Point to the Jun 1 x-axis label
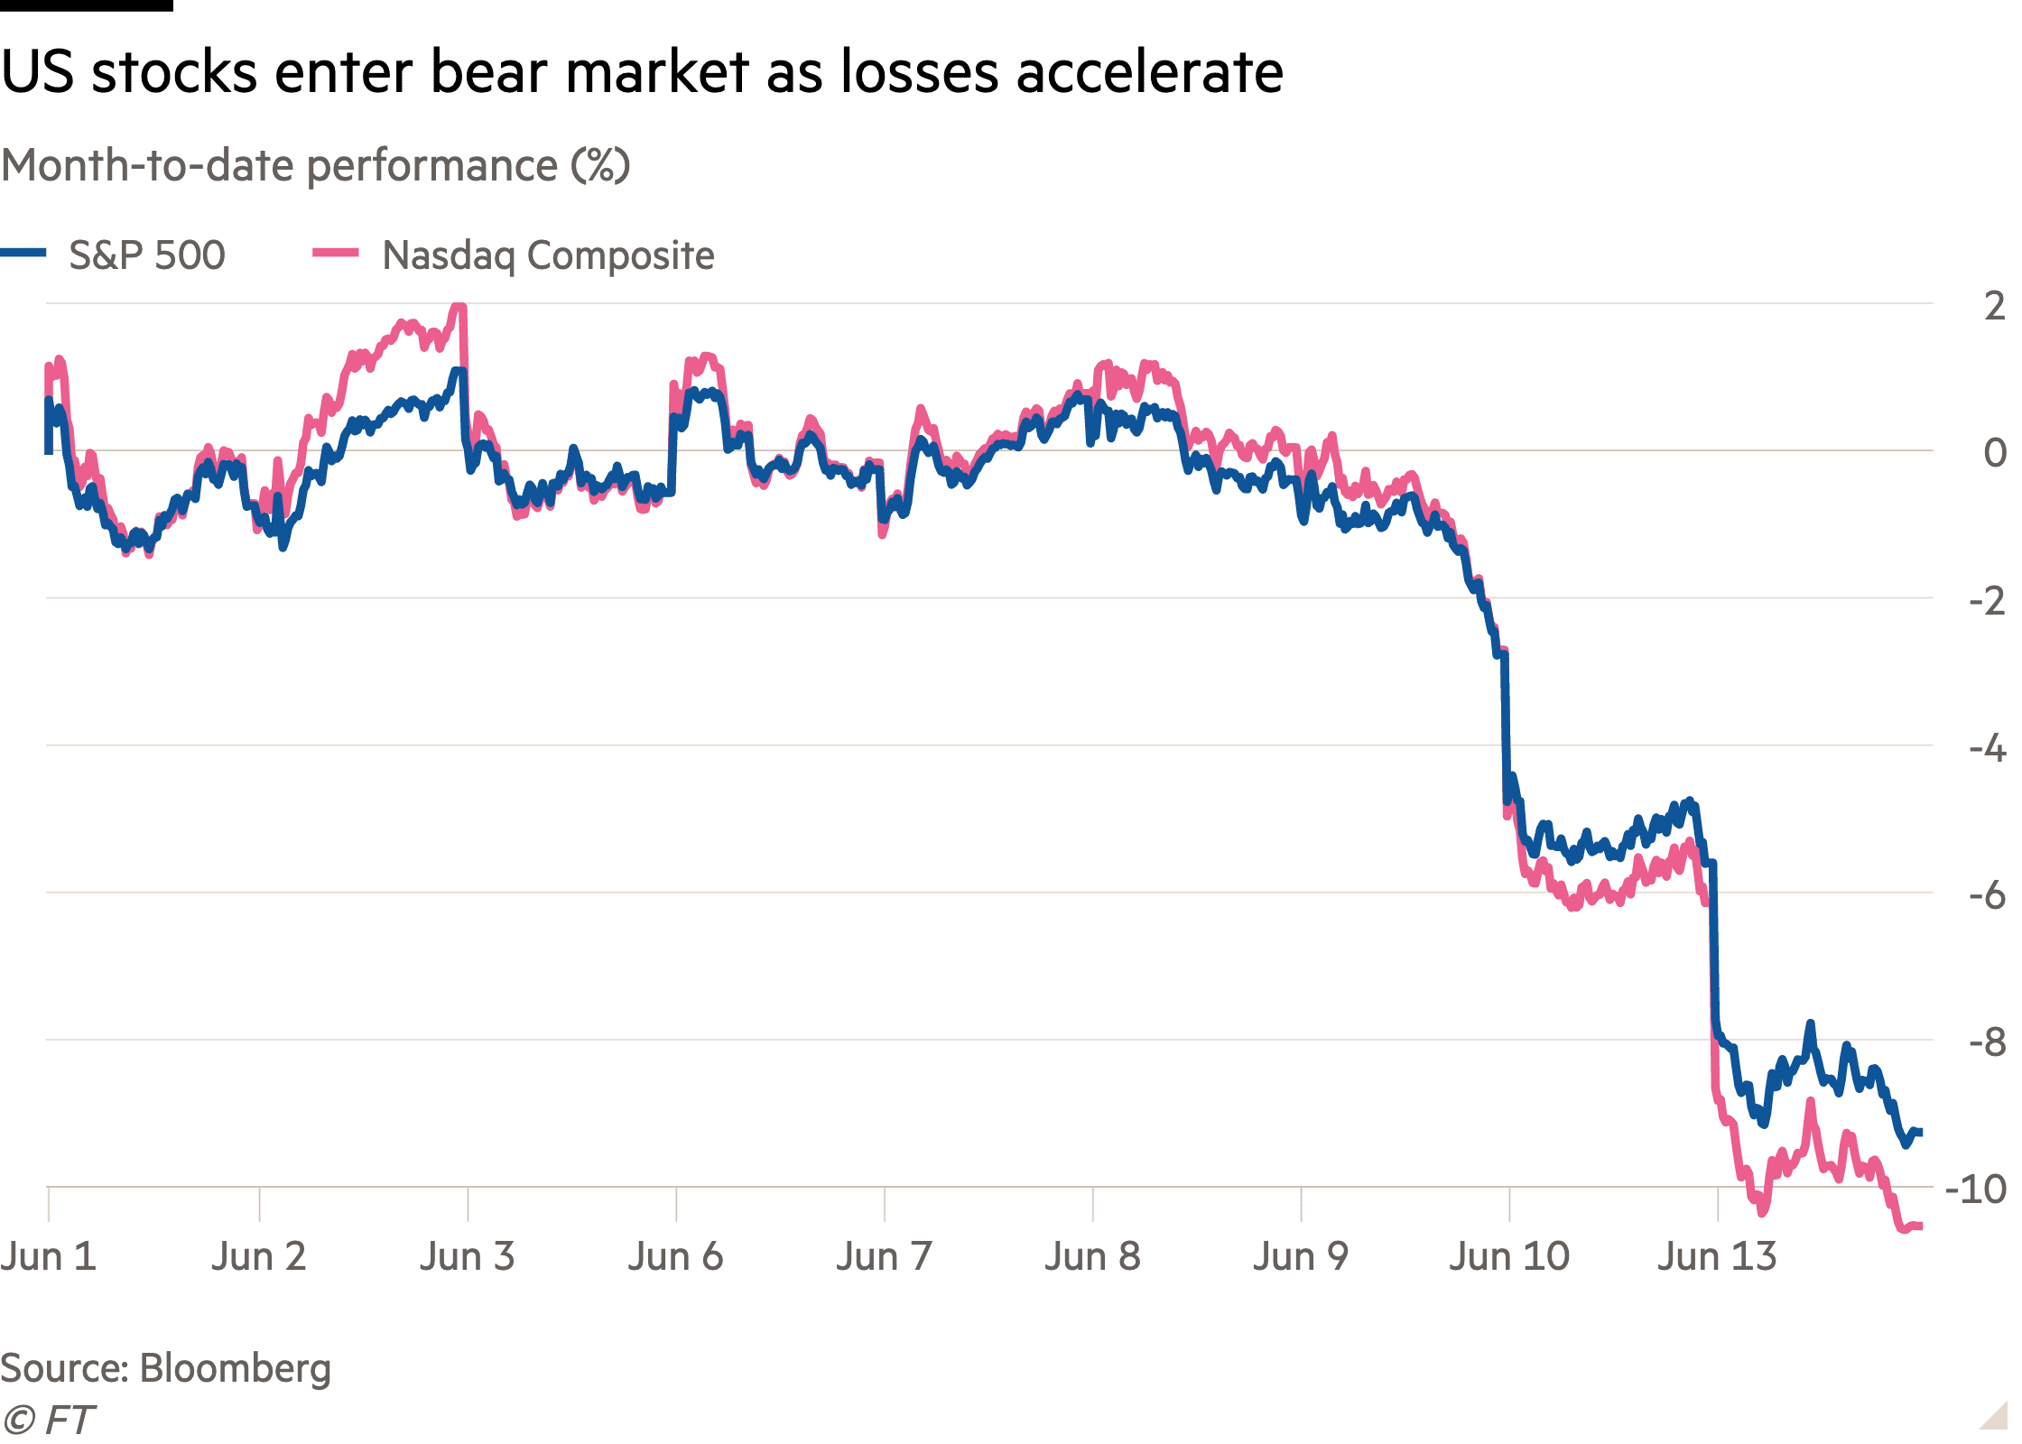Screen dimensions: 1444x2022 [49, 1256]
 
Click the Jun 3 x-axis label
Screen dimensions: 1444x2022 [468, 1256]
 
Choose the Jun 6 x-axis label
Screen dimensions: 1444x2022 [676, 1256]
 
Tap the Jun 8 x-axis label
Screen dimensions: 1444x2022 [1093, 1256]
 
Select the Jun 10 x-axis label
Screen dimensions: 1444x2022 [1510, 1256]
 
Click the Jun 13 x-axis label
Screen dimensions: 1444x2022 [1718, 1256]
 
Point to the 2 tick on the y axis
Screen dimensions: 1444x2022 [1995, 306]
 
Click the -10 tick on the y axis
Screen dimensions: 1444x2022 [1982, 1189]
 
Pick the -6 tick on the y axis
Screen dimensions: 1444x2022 [1988, 895]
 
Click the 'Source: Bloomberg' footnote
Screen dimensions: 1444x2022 [166, 1369]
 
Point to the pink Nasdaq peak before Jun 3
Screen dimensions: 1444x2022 [459, 309]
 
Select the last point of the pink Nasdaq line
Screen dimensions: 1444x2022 [1920, 1226]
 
